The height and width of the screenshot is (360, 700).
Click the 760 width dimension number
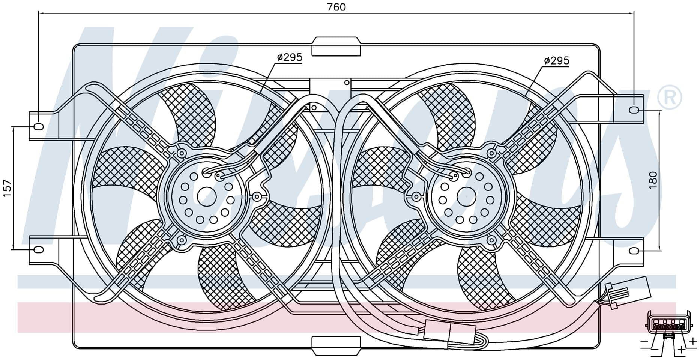tap(336, 7)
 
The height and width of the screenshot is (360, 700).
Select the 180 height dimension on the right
tap(653, 180)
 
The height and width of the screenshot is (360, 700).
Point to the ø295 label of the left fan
tap(290, 57)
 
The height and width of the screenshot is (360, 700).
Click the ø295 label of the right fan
tap(557, 60)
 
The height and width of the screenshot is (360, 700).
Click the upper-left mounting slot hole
tap(38, 126)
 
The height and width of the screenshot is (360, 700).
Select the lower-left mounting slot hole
tap(39, 249)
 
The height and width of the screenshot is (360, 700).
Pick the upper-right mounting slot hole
tap(634, 110)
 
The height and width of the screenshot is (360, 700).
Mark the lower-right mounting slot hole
tap(634, 250)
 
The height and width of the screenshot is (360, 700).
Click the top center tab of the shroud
tap(336, 46)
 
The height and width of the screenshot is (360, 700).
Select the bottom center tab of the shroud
tap(336, 345)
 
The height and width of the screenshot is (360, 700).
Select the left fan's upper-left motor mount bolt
tap(182, 153)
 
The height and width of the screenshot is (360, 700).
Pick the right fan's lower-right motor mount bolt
tap(491, 239)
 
